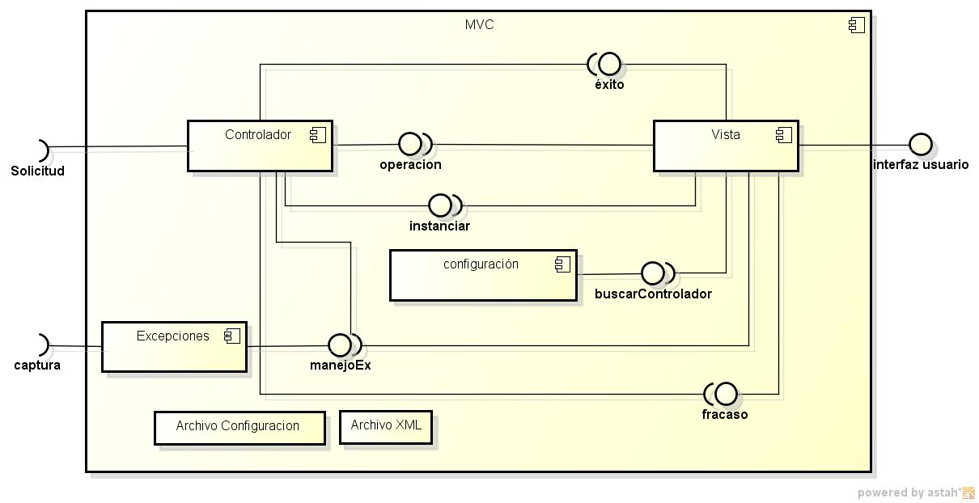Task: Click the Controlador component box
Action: pyautogui.click(x=259, y=146)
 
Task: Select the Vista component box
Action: pyautogui.click(x=725, y=146)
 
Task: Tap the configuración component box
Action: pyautogui.click(x=482, y=276)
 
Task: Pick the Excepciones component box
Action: pyautogui.click(x=173, y=347)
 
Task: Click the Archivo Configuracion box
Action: pyautogui.click(x=239, y=428)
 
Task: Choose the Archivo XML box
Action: pyautogui.click(x=386, y=427)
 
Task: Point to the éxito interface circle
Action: pyautogui.click(x=609, y=63)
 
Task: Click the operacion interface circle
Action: pyautogui.click(x=410, y=145)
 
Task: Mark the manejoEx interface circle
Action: pyautogui.click(x=340, y=345)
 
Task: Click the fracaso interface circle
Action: pyautogui.click(x=726, y=394)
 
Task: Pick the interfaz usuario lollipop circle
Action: pyautogui.click(x=920, y=145)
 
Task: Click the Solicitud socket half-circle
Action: pyautogui.click(x=42, y=150)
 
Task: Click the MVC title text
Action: pyautogui.click(x=479, y=25)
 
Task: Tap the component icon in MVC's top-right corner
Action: pyautogui.click(x=857, y=25)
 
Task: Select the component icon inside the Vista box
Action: pyautogui.click(x=783, y=135)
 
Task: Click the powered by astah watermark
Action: pyautogui.click(x=915, y=492)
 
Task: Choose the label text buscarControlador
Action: pyautogui.click(x=653, y=294)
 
